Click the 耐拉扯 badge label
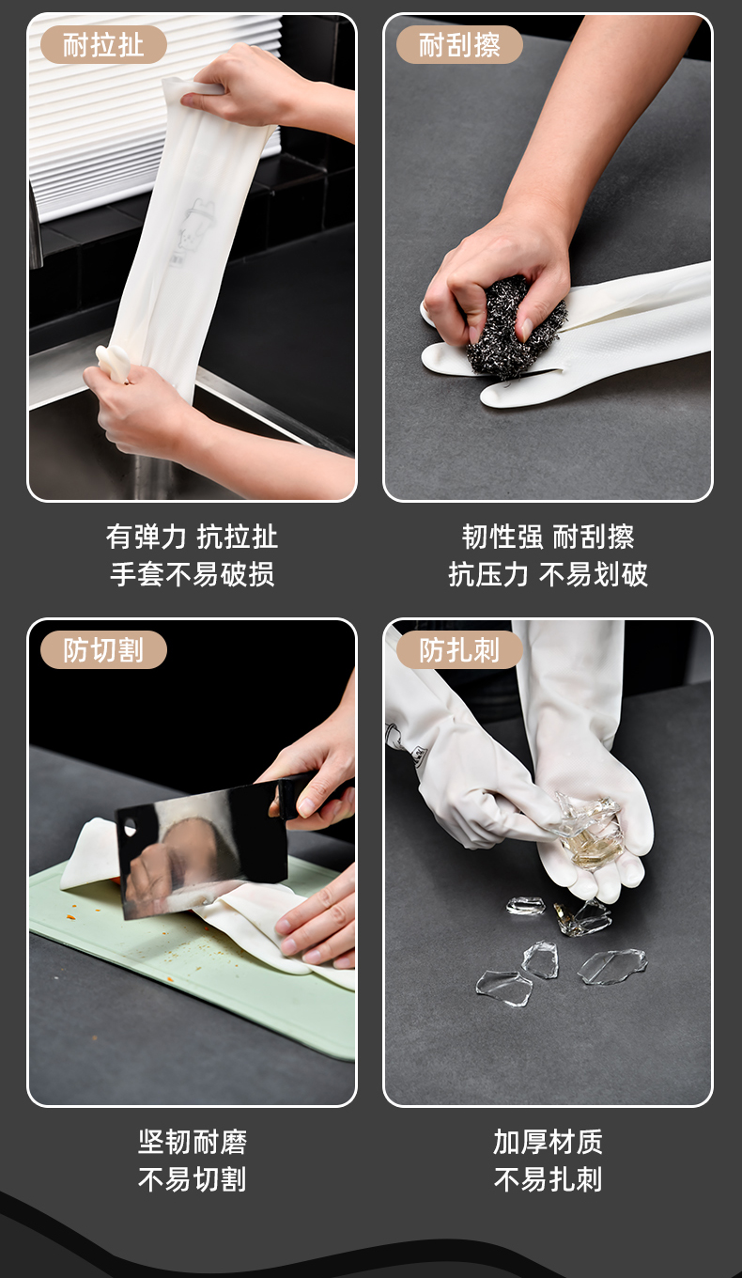click(103, 44)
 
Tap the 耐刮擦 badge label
click(459, 44)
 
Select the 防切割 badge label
click(103, 650)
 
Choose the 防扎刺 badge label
click(459, 650)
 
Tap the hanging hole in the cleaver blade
click(130, 827)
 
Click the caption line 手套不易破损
click(193, 574)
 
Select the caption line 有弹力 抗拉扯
click(193, 537)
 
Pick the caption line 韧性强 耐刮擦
click(549, 537)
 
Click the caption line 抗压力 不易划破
click(549, 574)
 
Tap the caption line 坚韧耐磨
click(193, 1143)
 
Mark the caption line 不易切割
click(193, 1179)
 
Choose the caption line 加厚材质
click(549, 1143)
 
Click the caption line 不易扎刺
click(549, 1179)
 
